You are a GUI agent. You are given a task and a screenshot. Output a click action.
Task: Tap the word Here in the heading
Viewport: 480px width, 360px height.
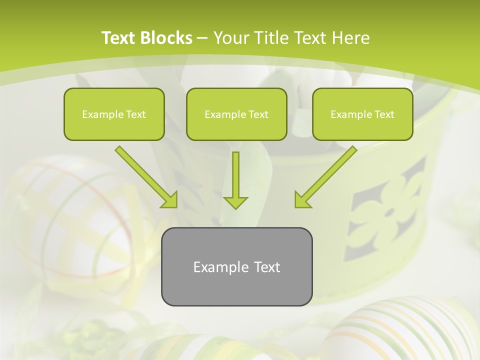click(x=350, y=38)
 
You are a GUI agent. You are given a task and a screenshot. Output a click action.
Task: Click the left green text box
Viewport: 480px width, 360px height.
click(x=114, y=114)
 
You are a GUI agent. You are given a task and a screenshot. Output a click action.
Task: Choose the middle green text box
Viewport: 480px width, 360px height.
click(x=236, y=114)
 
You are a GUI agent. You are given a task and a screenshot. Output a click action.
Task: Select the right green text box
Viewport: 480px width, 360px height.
click(x=362, y=114)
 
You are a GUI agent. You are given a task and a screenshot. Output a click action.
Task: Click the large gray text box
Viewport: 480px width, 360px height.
click(x=236, y=266)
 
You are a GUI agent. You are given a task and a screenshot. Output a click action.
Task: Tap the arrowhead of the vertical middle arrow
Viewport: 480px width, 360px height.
click(x=235, y=202)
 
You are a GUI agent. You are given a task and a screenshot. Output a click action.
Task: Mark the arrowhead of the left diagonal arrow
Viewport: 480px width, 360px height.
click(x=170, y=200)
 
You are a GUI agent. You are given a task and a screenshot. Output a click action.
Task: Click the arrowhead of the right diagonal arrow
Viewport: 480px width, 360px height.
click(x=302, y=200)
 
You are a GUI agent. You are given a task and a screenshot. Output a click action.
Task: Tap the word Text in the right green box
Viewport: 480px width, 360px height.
click(x=384, y=114)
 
